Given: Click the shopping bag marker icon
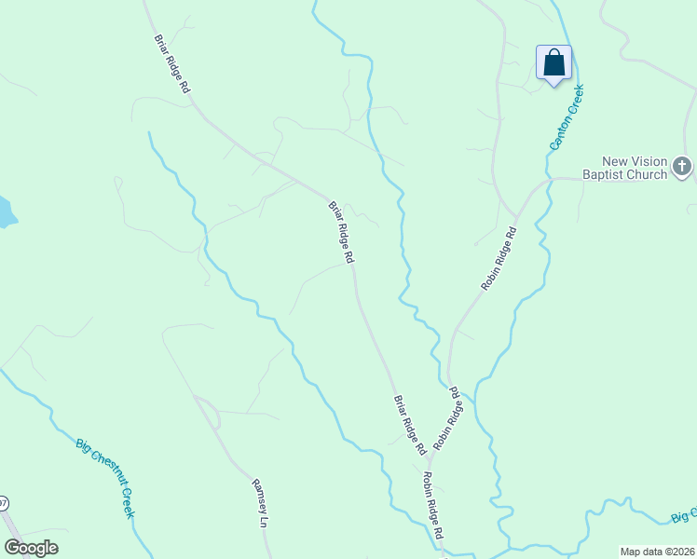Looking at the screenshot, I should [553, 63].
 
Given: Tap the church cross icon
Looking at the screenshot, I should [682, 168].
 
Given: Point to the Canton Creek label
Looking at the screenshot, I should [566, 117].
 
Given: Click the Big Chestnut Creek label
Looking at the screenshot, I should [105, 477].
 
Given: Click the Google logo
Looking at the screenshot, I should [31, 548].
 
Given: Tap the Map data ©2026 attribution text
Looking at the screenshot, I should [657, 552].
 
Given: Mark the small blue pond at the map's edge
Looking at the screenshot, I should [5, 211].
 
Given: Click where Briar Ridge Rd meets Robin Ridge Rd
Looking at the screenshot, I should [430, 457].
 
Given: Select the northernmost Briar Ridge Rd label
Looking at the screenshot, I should [171, 64].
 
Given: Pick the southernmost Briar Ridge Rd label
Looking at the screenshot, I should [409, 425].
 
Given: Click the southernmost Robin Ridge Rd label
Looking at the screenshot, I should [433, 506].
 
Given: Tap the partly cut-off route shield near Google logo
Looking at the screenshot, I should [3, 504].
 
